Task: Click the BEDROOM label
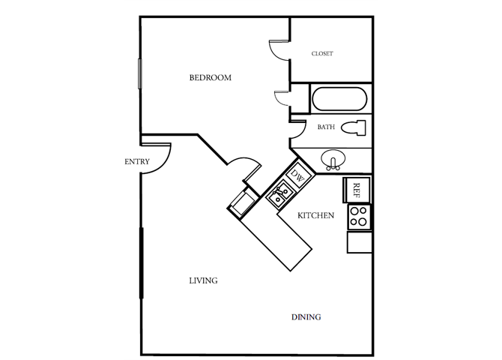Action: (210, 77)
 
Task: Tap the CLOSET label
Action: (322, 54)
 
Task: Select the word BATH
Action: (326, 127)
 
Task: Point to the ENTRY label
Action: (137, 161)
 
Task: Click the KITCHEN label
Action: (315, 216)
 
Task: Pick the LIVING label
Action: (203, 280)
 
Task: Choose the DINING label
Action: (306, 317)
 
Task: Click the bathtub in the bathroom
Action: (338, 100)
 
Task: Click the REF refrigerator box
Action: (357, 189)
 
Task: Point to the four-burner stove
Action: (359, 217)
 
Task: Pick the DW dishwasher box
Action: (297, 178)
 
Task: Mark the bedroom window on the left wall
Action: (140, 76)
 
